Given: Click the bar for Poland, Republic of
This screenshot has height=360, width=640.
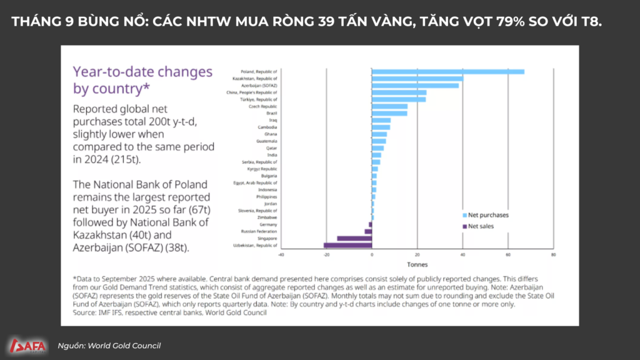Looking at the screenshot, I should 447,71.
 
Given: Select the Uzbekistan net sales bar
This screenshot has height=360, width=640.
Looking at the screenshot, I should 347,246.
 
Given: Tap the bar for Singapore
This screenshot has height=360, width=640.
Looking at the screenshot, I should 354,239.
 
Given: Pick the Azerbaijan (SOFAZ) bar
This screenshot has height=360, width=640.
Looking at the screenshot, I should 416,86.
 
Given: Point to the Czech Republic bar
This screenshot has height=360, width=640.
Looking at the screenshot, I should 389,106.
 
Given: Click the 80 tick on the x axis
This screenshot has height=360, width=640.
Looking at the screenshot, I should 553,255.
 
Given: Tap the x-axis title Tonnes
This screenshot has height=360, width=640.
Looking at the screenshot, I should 417,264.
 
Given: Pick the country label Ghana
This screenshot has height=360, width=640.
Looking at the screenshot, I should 270,134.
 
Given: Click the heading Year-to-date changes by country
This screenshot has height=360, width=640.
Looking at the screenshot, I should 142,80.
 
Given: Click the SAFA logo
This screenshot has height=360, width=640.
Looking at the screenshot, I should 27,345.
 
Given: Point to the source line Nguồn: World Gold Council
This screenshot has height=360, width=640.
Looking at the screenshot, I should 109,346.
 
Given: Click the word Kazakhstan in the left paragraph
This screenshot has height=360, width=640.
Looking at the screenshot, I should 101,235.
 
